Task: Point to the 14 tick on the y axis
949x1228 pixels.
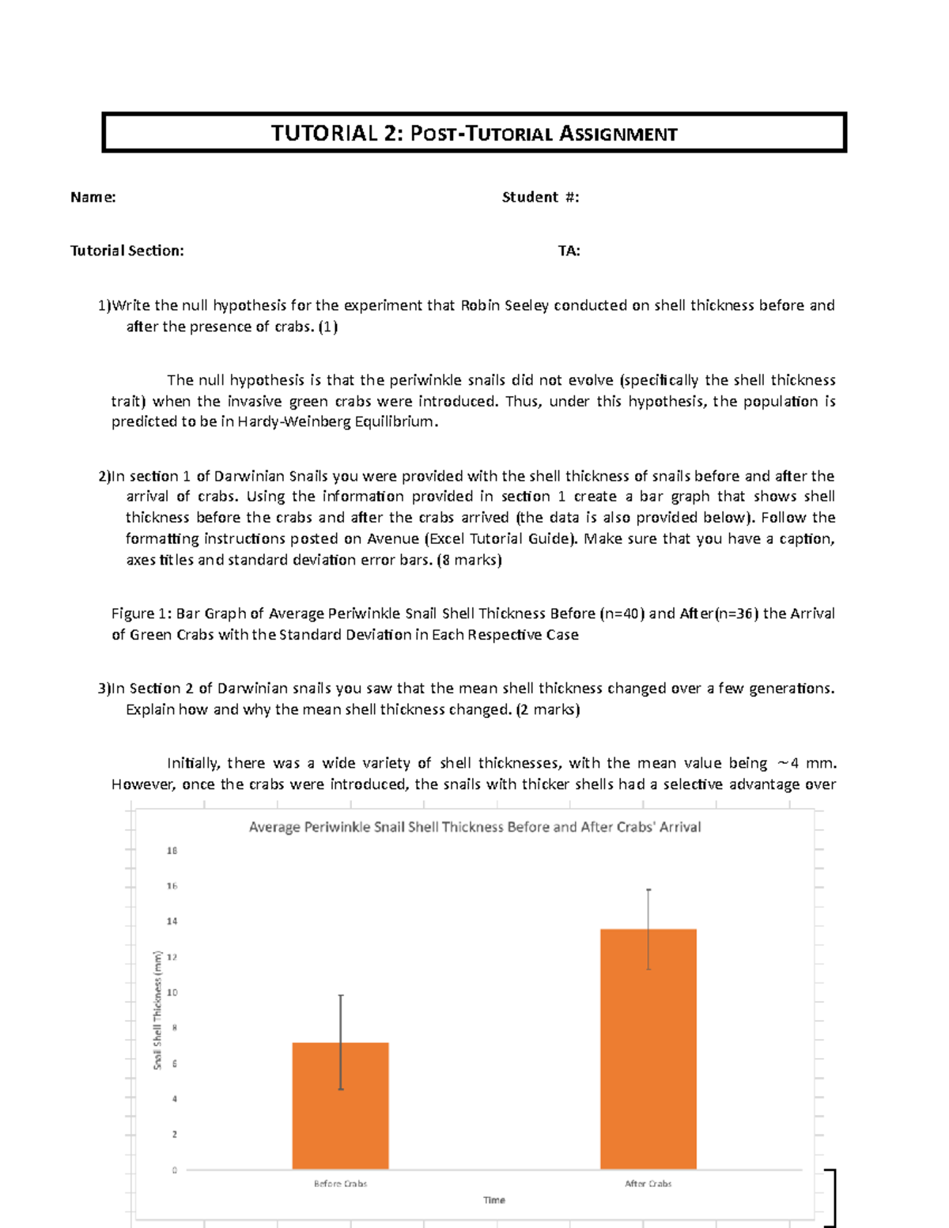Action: tap(172, 921)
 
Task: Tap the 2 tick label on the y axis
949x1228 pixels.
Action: tap(174, 1134)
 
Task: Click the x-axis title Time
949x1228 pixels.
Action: tap(494, 1200)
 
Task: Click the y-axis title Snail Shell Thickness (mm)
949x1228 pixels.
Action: tap(157, 1011)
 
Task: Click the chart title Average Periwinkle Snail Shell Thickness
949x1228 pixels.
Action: tap(475, 827)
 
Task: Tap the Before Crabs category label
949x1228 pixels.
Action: tap(340, 1184)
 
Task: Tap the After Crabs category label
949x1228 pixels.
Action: tap(648, 1184)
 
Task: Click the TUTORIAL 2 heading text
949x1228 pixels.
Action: tap(474, 133)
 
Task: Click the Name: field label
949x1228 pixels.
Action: tap(93, 197)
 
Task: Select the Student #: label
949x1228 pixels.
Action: tap(540, 197)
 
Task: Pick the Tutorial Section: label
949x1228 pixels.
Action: tap(127, 251)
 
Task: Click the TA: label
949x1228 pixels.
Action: tap(569, 251)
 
